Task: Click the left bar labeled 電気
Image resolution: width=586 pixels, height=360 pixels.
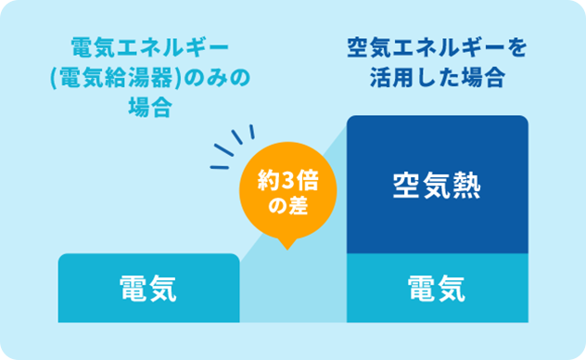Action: (148, 289)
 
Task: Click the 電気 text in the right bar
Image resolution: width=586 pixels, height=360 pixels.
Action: (437, 290)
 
